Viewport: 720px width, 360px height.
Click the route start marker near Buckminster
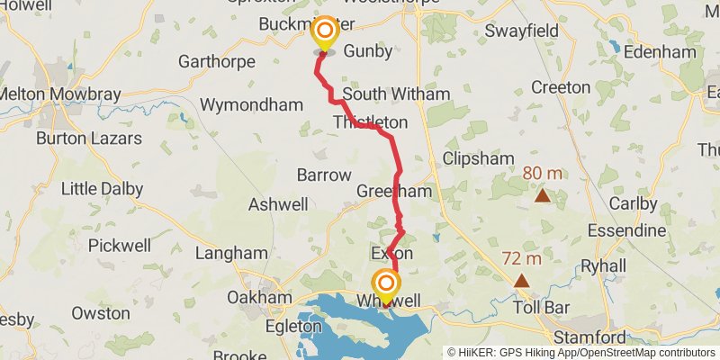[322, 34]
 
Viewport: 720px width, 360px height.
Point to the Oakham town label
[259, 297]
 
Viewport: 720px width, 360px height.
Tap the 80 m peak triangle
[542, 195]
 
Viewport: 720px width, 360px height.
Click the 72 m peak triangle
[522, 280]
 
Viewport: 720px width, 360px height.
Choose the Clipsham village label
[478, 158]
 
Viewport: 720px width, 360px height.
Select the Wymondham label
[251, 105]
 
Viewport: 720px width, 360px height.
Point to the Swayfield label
[522, 31]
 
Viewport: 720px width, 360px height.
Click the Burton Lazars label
[89, 139]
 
